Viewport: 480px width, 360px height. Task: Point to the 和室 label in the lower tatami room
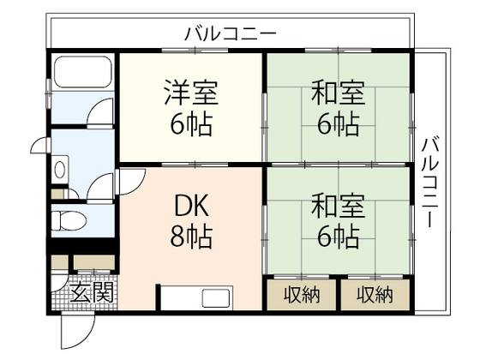[x=337, y=205]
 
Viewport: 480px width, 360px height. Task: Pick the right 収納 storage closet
[x=375, y=295]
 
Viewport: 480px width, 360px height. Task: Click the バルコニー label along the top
[x=230, y=34]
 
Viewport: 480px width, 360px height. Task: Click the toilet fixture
[x=69, y=219]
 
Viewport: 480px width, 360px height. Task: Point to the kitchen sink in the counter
[x=213, y=299]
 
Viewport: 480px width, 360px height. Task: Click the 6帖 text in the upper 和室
[x=337, y=124]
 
